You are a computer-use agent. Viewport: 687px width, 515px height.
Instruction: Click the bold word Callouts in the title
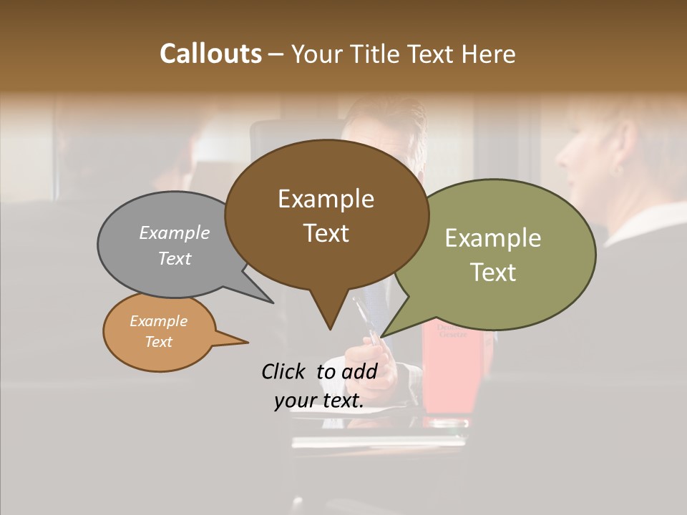[x=210, y=54]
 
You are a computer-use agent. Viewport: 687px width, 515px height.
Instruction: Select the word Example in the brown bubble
[x=326, y=199]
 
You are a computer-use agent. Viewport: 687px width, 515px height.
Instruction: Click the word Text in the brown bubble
[x=326, y=233]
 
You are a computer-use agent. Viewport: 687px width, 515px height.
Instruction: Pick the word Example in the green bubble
[x=493, y=238]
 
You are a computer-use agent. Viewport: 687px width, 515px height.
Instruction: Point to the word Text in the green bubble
[x=493, y=273]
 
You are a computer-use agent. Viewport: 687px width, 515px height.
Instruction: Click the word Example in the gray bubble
[x=175, y=232]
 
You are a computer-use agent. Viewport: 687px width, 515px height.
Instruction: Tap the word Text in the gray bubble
[x=175, y=258]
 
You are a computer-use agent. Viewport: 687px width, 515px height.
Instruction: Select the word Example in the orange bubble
[x=158, y=321]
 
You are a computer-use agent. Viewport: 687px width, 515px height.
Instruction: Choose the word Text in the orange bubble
[x=158, y=342]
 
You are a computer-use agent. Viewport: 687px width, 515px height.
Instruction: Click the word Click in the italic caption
[x=285, y=371]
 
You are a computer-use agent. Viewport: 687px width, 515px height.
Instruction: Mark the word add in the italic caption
[x=359, y=371]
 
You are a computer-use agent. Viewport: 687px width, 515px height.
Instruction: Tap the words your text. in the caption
[x=319, y=401]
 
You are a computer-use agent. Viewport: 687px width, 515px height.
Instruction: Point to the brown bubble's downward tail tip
[x=330, y=328]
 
